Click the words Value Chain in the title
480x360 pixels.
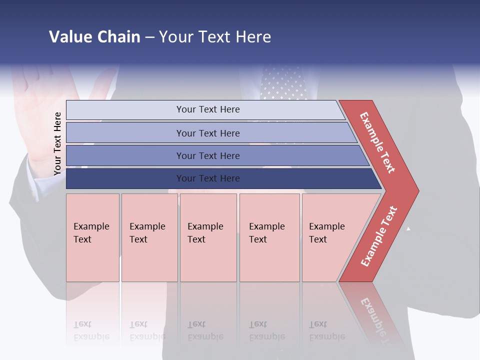click(x=94, y=36)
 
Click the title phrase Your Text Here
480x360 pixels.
click(x=214, y=36)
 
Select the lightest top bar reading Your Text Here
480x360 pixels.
click(x=207, y=109)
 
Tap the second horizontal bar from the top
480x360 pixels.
click(x=207, y=133)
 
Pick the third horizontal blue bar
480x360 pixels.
click(x=207, y=155)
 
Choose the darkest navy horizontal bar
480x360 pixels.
click(x=207, y=178)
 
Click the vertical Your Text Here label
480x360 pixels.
click(x=57, y=143)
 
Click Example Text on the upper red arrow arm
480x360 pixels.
click(x=377, y=142)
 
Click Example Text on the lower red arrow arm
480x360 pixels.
click(x=379, y=236)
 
